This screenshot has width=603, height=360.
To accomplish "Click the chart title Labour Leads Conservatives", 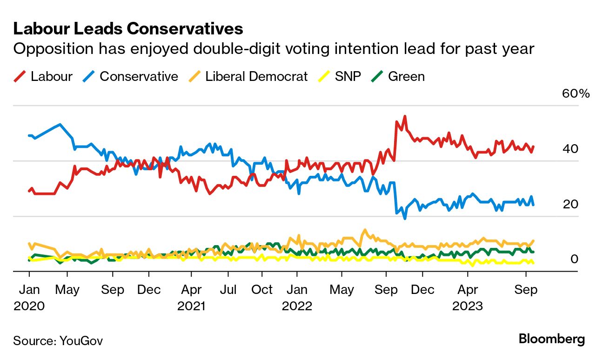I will tap(128, 29).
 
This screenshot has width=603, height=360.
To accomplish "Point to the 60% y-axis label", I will tap(576, 93).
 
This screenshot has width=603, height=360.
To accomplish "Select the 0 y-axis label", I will tap(575, 259).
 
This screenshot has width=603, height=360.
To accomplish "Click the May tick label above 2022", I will tap(342, 290).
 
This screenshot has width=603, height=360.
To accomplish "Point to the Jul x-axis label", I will tap(228, 290).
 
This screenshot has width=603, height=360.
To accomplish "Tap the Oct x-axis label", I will tap(262, 290).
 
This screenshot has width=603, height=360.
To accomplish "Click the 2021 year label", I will tap(191, 307).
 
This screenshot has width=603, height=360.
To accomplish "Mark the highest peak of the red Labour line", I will tap(405, 116).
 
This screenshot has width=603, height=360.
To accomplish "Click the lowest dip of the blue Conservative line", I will tap(405, 218).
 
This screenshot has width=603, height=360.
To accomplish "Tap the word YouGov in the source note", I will tap(81, 341).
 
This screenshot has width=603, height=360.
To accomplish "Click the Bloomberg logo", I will tap(551, 339).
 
